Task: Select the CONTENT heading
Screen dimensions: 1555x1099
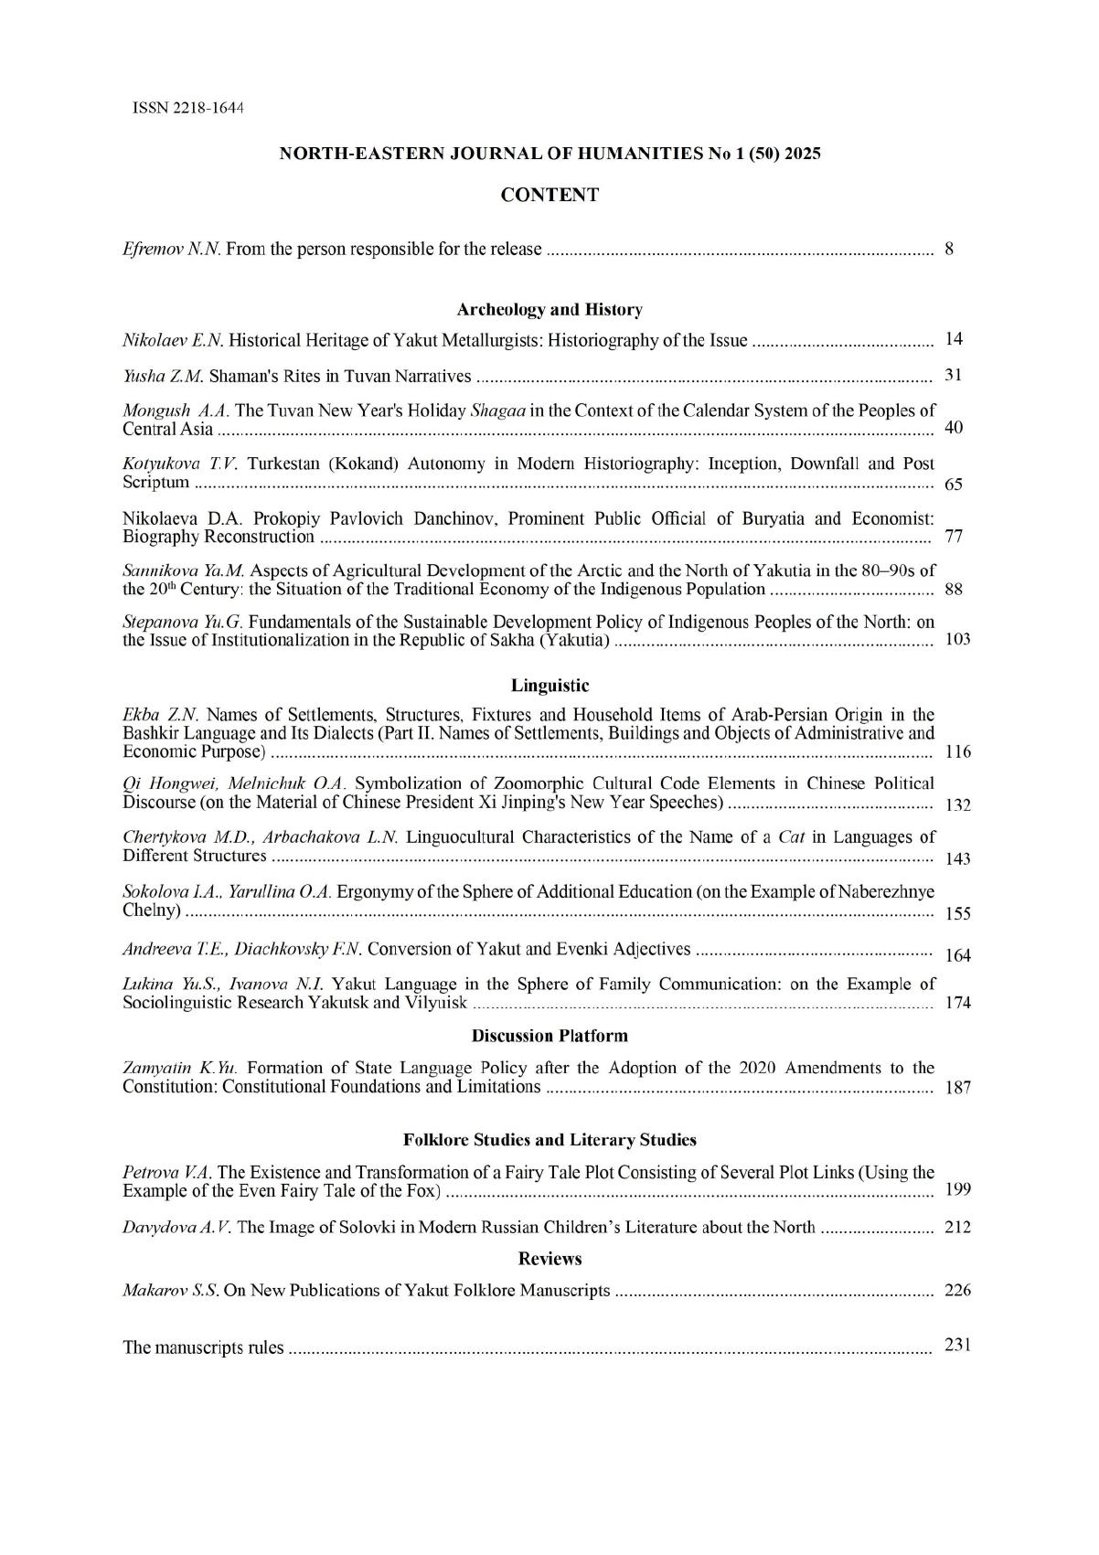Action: click(549, 195)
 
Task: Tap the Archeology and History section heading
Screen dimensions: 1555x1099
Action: click(549, 310)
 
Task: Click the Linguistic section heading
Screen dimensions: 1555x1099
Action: click(549, 685)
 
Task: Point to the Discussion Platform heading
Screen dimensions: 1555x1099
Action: click(549, 1036)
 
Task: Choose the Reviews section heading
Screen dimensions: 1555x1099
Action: click(549, 1259)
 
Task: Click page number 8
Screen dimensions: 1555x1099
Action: click(949, 249)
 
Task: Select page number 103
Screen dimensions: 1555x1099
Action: click(956, 639)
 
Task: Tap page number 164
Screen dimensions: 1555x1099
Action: click(957, 955)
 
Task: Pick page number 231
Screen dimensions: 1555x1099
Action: click(957, 1345)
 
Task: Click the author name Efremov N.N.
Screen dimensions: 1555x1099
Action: click(171, 249)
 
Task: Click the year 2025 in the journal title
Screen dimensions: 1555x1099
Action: click(801, 154)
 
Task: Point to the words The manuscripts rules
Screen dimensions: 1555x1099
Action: click(203, 1347)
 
